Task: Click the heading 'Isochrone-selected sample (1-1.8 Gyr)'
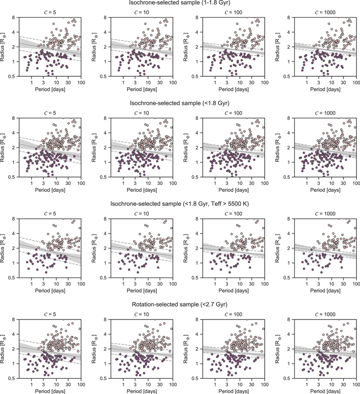pyautogui.click(x=180, y=3)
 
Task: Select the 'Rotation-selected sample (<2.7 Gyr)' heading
pyautogui.click(x=180, y=304)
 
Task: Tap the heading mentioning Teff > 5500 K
pyautogui.click(x=180, y=204)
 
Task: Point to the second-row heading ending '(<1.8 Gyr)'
pyautogui.click(x=180, y=103)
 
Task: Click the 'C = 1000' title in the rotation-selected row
pyautogui.click(x=325, y=314)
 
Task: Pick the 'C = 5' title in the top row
pyautogui.click(x=50, y=12)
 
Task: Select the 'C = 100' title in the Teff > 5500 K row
pyautogui.click(x=234, y=214)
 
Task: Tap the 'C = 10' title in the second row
pyautogui.click(x=142, y=113)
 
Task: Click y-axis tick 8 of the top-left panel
pyautogui.click(x=13, y=18)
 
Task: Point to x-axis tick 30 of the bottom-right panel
pyautogui.click(x=343, y=385)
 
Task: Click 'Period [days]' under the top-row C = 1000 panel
pyautogui.click(x=325, y=90)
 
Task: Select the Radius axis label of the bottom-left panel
pyautogui.click(x=3, y=349)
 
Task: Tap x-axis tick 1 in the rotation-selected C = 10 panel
pyautogui.click(x=123, y=385)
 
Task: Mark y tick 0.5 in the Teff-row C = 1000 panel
pyautogui.click(x=287, y=278)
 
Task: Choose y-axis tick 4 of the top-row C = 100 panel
pyautogui.click(x=197, y=32)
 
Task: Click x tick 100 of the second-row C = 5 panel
pyautogui.click(x=81, y=183)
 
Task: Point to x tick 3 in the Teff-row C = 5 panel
pyautogui.click(x=43, y=284)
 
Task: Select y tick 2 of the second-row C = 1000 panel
pyautogui.click(x=288, y=147)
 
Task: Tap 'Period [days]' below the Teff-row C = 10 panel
pyautogui.click(x=142, y=291)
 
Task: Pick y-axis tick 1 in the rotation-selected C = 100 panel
pyautogui.click(x=197, y=364)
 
